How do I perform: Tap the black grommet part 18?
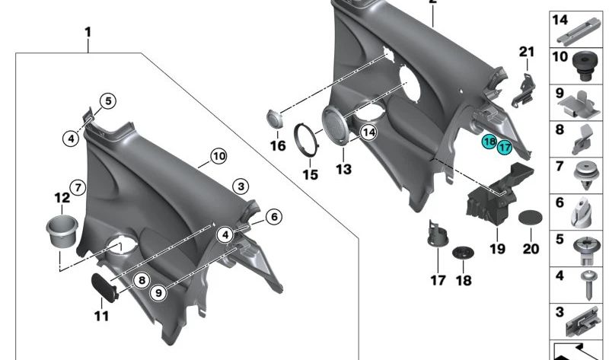(462, 253)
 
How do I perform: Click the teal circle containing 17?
(505, 147)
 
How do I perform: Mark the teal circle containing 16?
(489, 142)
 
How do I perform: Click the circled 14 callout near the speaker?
(368, 132)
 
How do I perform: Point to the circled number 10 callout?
(218, 157)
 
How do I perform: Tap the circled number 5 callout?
(107, 101)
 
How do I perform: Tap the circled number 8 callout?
(140, 280)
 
